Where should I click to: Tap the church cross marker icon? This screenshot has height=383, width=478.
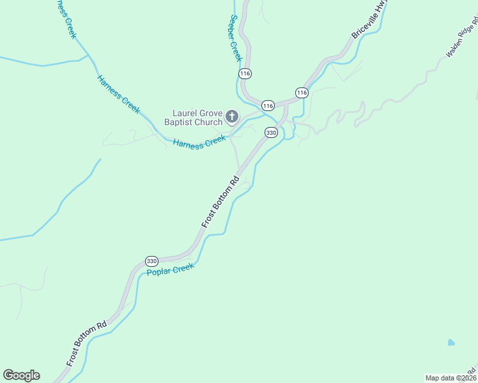(232, 117)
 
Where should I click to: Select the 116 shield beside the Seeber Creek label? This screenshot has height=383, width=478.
(245, 74)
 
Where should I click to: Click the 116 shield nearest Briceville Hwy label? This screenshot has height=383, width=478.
(302, 93)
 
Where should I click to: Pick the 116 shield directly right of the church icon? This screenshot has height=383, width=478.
(268, 105)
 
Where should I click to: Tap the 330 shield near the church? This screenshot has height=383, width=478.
(271, 133)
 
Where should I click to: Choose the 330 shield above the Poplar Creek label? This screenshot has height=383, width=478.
(151, 261)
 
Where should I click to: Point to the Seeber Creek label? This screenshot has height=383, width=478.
(235, 38)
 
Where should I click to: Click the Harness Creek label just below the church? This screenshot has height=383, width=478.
(199, 142)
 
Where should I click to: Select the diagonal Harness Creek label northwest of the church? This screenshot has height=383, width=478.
(118, 94)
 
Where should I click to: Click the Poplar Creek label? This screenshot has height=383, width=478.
(170, 270)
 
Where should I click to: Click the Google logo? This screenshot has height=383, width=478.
(21, 375)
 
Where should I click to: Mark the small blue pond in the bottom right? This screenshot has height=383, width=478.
(452, 343)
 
